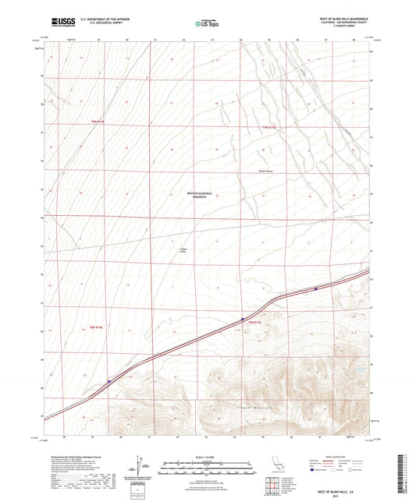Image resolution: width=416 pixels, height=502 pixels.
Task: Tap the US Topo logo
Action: click(207, 24)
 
